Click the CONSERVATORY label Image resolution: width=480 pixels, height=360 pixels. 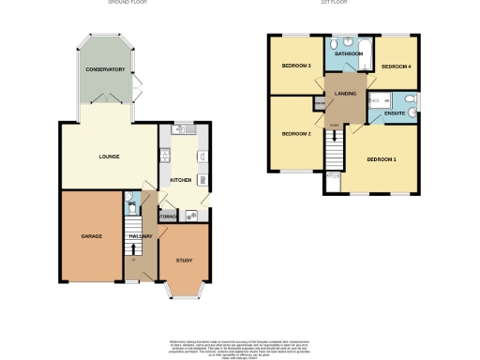(x=105, y=71)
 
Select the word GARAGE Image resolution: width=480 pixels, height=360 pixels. (x=91, y=236)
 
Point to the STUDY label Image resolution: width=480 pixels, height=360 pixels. (x=183, y=261)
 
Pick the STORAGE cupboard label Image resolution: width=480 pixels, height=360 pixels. (x=169, y=217)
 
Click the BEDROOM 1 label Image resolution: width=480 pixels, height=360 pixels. (x=381, y=158)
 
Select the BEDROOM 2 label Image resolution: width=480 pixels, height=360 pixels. (x=295, y=134)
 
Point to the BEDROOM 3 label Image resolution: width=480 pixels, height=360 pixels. (x=295, y=66)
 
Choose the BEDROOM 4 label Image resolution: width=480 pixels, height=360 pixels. (x=396, y=67)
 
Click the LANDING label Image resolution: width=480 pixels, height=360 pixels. (x=342, y=92)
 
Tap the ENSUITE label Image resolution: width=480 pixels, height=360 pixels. (x=396, y=112)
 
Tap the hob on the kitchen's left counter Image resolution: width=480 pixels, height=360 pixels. (x=165, y=157)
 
